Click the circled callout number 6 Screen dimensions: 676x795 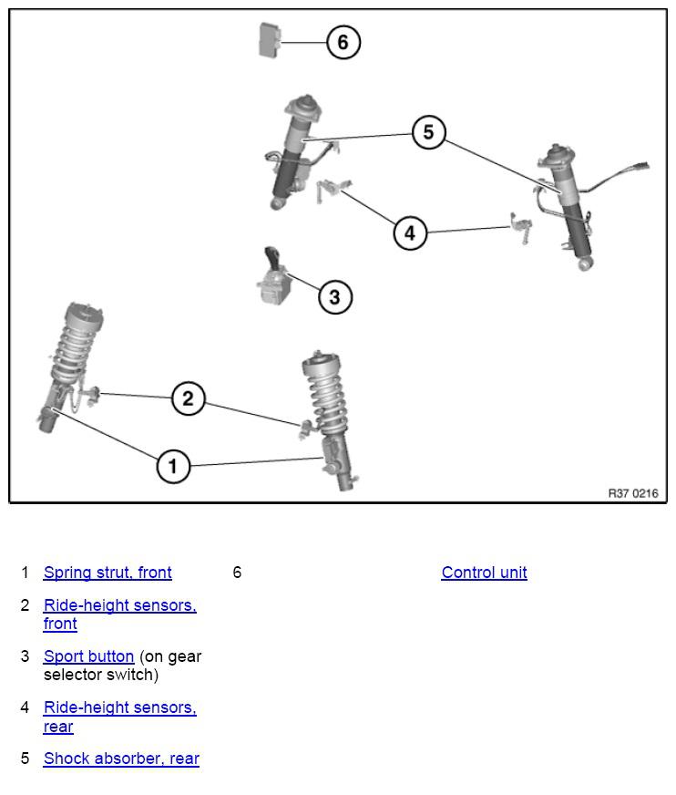click(343, 42)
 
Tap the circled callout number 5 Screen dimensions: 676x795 click(429, 132)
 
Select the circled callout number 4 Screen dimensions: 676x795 click(410, 233)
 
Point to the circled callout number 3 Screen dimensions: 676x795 click(335, 297)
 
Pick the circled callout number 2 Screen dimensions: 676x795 click(188, 398)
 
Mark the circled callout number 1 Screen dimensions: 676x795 click(173, 466)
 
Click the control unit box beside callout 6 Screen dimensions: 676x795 click(270, 40)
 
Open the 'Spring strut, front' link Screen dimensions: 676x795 click(108, 573)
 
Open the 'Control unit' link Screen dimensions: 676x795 click(484, 573)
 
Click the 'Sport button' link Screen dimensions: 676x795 click(88, 656)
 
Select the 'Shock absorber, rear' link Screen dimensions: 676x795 click(121, 759)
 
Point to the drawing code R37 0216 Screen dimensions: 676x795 click(633, 493)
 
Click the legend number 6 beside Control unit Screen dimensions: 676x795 click(237, 573)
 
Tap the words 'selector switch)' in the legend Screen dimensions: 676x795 click(101, 675)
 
